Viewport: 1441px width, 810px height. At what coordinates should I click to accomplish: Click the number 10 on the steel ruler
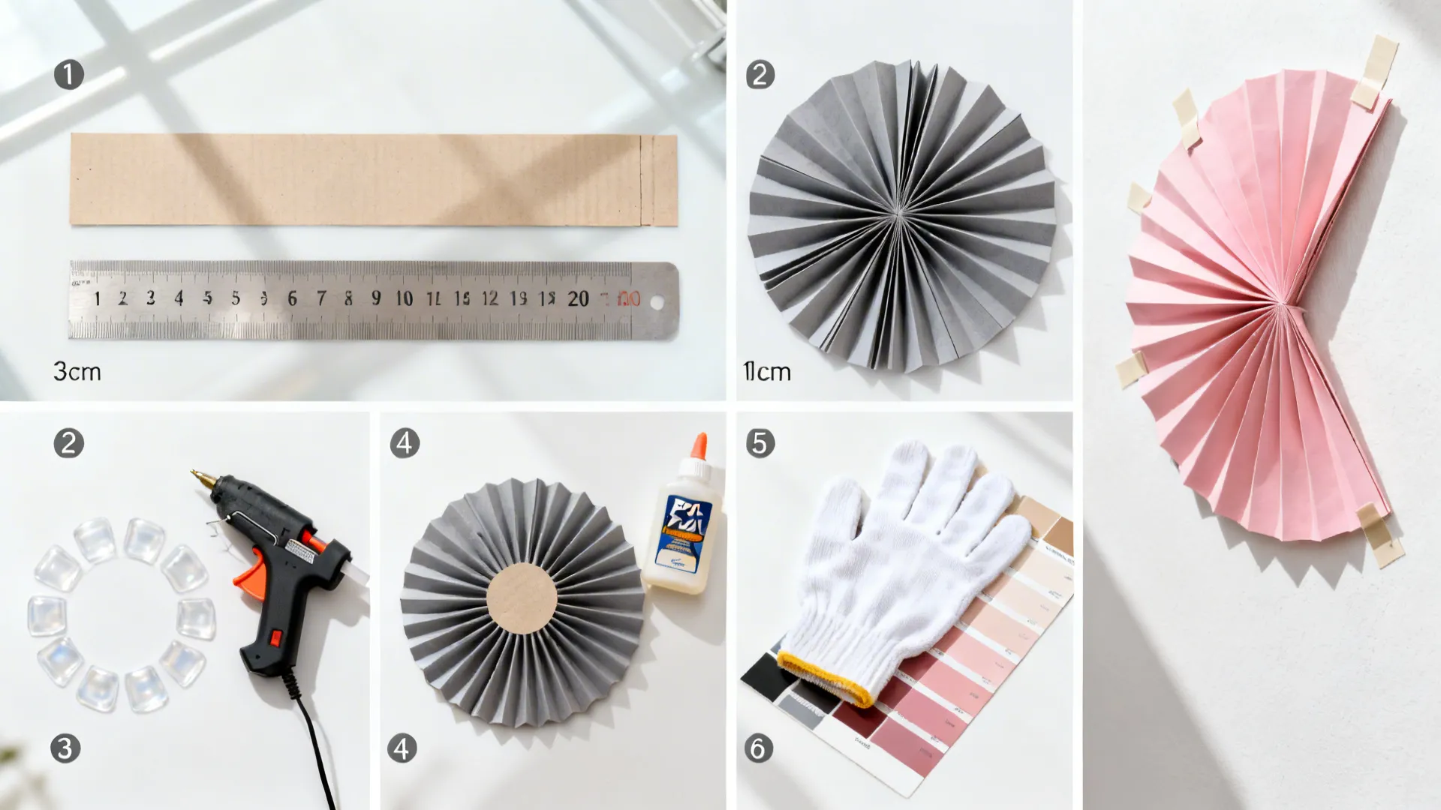[x=405, y=298]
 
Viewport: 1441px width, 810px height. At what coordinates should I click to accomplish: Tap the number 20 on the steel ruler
[x=578, y=298]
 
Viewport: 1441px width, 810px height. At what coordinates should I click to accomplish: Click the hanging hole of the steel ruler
[x=657, y=303]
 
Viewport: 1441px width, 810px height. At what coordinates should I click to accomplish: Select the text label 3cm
[x=77, y=371]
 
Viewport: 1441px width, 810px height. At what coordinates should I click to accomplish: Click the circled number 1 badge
[x=69, y=75]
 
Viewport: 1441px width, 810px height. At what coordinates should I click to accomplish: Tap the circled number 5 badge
[x=760, y=443]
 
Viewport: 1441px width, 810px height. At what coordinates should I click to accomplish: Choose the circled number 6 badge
[x=758, y=748]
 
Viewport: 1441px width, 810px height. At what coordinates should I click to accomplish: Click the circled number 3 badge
[x=65, y=748]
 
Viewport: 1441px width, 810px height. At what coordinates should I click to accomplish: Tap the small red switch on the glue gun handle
[x=275, y=638]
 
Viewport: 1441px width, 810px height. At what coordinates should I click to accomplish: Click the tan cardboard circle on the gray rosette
[x=522, y=598]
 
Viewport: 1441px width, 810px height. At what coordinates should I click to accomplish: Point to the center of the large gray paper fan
[x=899, y=214]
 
